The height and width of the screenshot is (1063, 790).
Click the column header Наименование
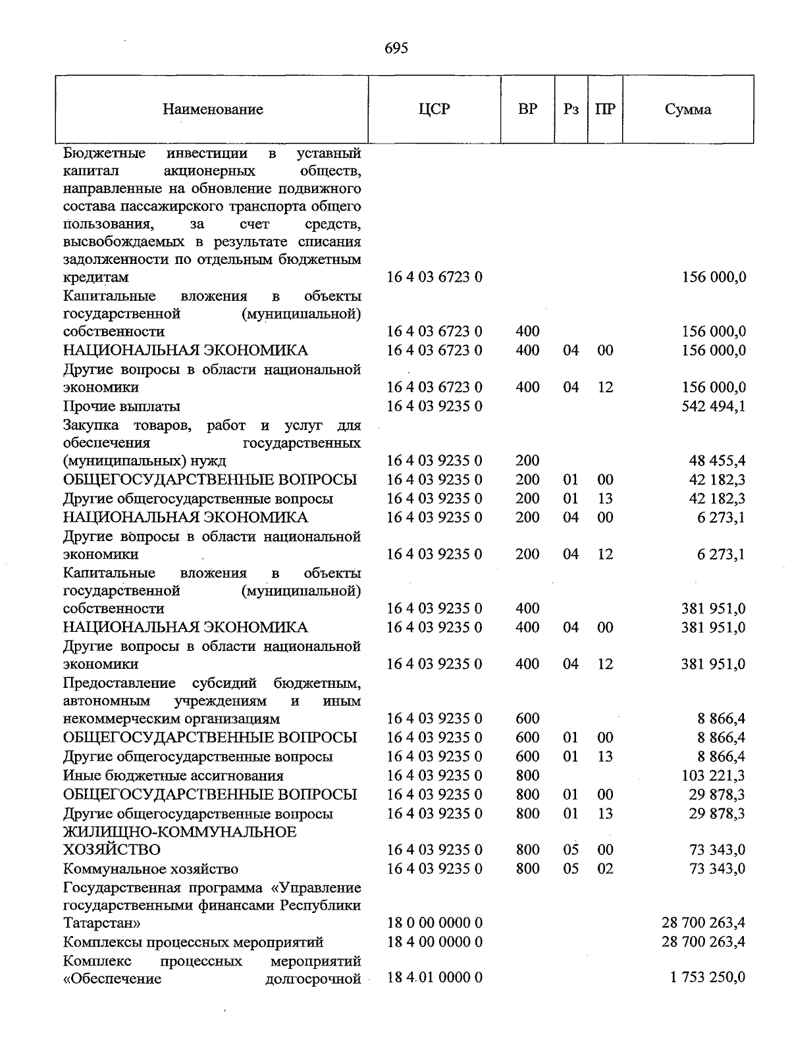pyautogui.click(x=213, y=109)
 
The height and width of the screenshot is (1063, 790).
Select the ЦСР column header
pyautogui.click(x=434, y=109)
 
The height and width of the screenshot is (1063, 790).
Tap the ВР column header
pyautogui.click(x=527, y=109)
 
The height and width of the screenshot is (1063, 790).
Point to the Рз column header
pyautogui.click(x=571, y=109)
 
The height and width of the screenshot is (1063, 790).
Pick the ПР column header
pyautogui.click(x=604, y=109)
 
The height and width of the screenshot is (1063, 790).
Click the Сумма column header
pyautogui.click(x=687, y=109)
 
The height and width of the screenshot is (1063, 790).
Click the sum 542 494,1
pyautogui.click(x=714, y=406)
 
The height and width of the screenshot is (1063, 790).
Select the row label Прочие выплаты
pyautogui.click(x=122, y=406)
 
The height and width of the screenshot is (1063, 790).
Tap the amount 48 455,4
pyautogui.click(x=717, y=461)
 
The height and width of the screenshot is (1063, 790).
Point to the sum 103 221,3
pyautogui.click(x=714, y=775)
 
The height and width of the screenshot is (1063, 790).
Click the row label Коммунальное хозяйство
pyautogui.click(x=151, y=869)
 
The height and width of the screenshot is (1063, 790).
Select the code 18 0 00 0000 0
pyautogui.click(x=434, y=923)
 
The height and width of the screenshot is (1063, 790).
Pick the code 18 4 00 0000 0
pyautogui.click(x=434, y=942)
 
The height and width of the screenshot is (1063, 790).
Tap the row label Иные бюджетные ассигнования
pyautogui.click(x=173, y=775)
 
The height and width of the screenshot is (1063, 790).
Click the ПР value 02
pyautogui.click(x=604, y=869)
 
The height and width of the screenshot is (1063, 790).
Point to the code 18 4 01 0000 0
pyautogui.click(x=434, y=977)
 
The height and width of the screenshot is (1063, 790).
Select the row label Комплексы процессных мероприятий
pyautogui.click(x=193, y=942)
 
